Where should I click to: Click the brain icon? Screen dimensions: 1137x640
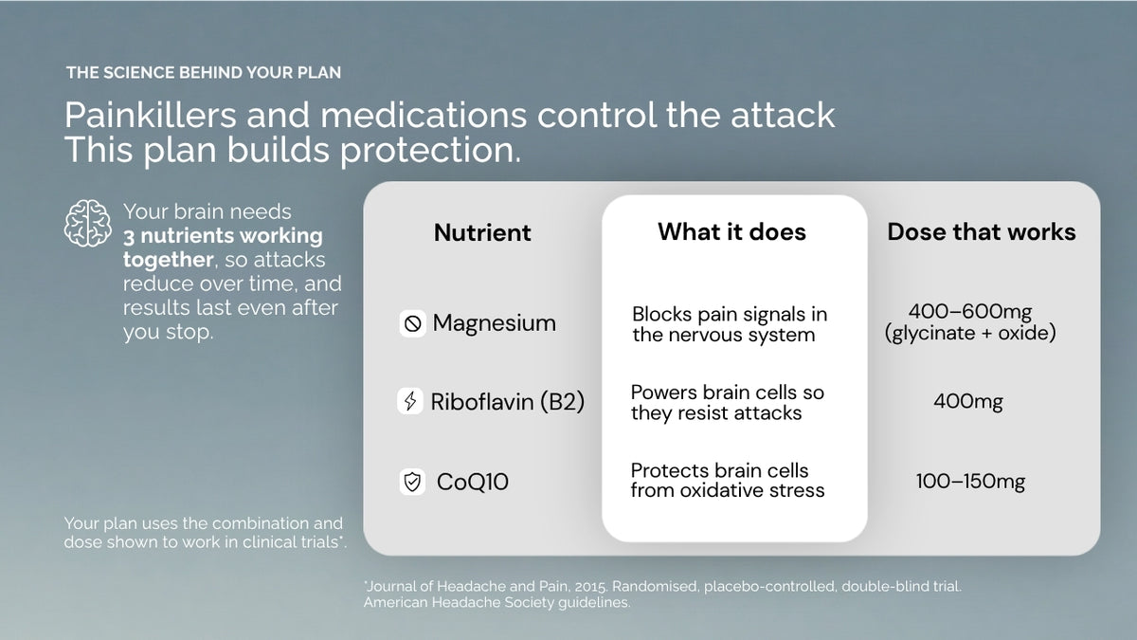point(88,223)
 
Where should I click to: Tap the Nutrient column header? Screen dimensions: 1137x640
point(482,232)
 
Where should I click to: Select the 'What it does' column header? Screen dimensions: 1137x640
point(731,231)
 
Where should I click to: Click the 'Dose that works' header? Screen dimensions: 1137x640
point(982,231)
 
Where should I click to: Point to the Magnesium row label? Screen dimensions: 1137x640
point(494,323)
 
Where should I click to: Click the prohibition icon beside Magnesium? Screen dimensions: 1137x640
point(413,323)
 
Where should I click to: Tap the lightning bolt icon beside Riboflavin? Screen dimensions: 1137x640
point(410,401)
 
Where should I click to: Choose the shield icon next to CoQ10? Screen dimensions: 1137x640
point(412,482)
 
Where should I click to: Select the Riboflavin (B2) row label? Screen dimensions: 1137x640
point(508,402)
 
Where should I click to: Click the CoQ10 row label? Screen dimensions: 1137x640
point(473,482)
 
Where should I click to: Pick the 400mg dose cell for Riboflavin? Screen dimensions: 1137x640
point(968,402)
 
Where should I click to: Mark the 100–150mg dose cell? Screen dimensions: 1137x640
point(970,481)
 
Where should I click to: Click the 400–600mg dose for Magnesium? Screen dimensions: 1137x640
point(970,311)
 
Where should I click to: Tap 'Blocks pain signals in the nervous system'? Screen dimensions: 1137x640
point(730,324)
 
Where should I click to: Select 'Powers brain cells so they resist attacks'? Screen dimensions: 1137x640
point(728,402)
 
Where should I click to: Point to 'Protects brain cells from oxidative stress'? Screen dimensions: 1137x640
point(728,481)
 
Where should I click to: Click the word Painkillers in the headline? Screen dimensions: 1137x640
point(151,115)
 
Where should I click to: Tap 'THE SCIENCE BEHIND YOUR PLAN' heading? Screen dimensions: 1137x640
point(204,73)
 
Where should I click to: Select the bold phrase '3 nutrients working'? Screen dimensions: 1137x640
point(223,236)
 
